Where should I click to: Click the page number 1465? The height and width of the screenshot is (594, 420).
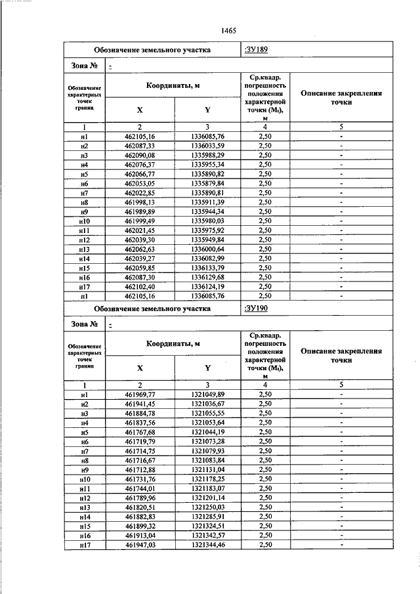point(229,30)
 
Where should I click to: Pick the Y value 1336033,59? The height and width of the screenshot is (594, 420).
point(207,146)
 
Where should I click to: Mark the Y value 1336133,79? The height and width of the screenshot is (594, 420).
point(207,269)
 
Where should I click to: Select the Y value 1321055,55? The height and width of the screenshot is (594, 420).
point(207,414)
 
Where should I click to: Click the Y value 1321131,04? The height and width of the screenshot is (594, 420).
point(207,471)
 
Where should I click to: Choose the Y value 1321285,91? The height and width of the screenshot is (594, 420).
point(207,518)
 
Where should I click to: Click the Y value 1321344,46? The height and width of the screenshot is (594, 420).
point(207,546)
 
